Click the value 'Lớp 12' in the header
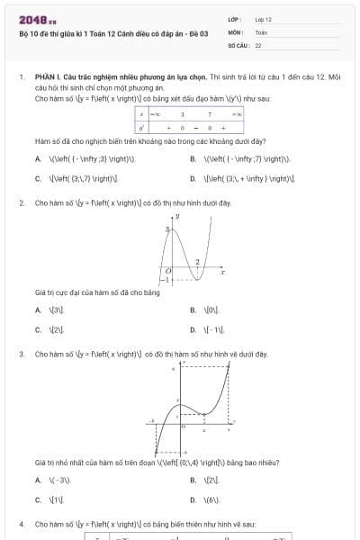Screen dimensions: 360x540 point(263,19)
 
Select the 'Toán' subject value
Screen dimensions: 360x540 point(261,31)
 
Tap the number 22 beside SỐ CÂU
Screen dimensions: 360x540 point(258,44)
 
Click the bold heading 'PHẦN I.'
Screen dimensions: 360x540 point(49,78)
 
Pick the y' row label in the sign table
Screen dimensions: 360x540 point(141,128)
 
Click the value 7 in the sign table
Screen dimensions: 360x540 point(209,115)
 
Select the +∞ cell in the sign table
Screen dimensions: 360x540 point(236,115)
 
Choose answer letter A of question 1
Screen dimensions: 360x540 point(38,158)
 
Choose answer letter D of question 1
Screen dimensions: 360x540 point(193,177)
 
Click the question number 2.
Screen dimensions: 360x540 point(22,203)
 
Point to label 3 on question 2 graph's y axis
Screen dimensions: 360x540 point(167,231)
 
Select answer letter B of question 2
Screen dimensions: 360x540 point(193,310)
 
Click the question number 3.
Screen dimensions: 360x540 point(22,355)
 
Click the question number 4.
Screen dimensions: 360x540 point(22,523)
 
